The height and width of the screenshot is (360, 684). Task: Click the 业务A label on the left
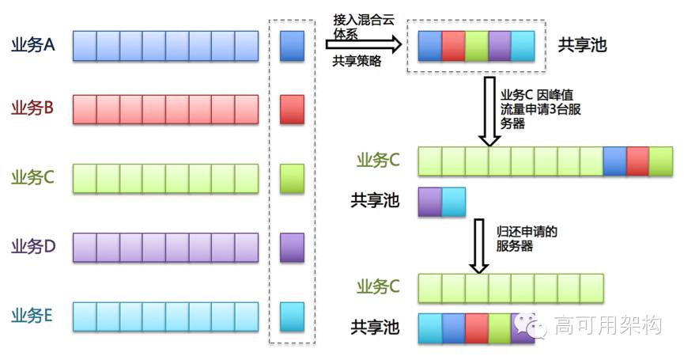tap(32, 45)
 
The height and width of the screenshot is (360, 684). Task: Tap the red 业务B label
tap(32, 108)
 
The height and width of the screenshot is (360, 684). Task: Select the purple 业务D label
tap(33, 246)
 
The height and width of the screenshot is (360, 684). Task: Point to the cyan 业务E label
tap(32, 316)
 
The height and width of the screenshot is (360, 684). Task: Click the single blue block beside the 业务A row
tap(292, 46)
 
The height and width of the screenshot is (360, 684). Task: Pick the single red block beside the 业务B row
tap(292, 109)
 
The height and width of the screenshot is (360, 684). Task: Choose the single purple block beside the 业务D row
tap(292, 247)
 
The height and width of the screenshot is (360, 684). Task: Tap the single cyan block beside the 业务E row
tap(292, 316)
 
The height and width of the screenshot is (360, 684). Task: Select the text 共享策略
tap(357, 62)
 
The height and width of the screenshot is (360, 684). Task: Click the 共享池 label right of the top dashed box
tap(583, 44)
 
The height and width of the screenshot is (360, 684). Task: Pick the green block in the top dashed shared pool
tap(476, 45)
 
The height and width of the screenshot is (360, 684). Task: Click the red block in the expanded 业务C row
tap(637, 161)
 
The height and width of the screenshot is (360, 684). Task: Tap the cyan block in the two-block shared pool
tap(453, 201)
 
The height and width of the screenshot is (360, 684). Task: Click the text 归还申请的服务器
tap(527, 239)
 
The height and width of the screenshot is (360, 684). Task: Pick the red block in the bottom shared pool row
tap(476, 327)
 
